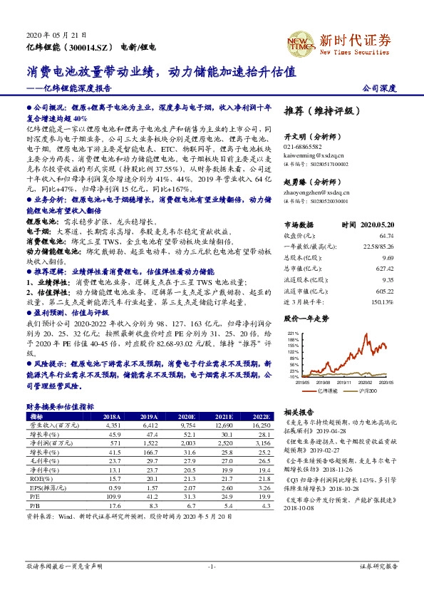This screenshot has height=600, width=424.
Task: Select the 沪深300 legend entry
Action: pos(363,391)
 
